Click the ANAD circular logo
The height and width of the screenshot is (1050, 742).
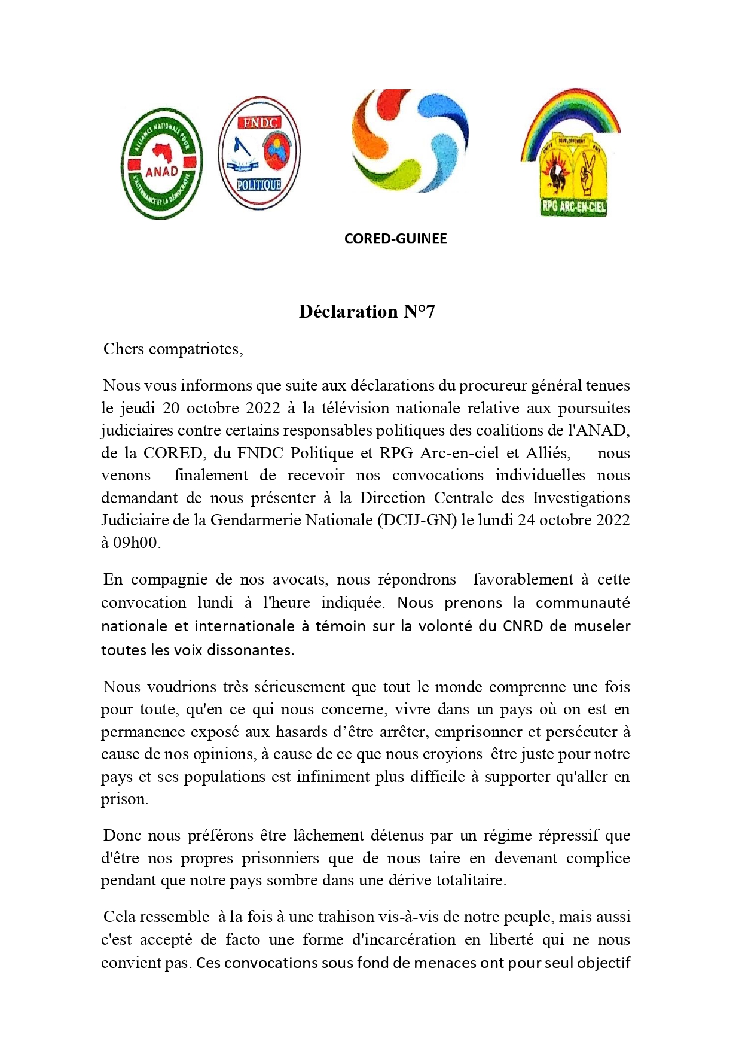coord(161,163)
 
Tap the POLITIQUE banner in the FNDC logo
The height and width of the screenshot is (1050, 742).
coord(258,185)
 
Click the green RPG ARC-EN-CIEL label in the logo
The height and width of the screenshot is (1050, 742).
coord(573,208)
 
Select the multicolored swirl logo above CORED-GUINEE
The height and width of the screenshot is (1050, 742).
coord(410,141)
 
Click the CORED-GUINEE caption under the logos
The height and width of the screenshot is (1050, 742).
coord(395,239)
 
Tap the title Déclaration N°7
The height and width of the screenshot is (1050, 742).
coord(367,312)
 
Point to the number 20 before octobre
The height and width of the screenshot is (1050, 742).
coord(170,408)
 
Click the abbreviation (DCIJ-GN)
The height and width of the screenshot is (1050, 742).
coord(417,520)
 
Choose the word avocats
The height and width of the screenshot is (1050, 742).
coord(300,580)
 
